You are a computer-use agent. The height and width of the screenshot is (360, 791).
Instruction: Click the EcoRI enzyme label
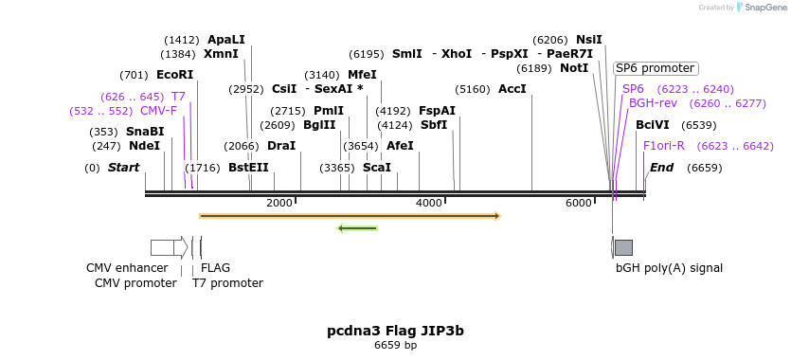pos(174,75)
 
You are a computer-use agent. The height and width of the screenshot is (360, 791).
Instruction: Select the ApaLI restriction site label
pos(225,40)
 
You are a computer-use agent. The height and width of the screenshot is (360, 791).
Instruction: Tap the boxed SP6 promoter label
pos(655,68)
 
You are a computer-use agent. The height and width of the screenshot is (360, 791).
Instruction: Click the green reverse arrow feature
pos(358,227)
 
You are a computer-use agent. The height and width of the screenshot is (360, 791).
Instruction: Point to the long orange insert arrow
pos(349,216)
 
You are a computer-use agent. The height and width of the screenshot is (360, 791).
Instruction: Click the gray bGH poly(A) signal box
pos(623,247)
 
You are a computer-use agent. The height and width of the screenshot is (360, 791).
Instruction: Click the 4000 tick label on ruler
pos(429,204)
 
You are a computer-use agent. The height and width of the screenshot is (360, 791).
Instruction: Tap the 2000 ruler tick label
pos(279,204)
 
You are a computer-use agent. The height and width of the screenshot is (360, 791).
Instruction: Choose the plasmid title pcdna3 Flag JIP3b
pos(395,331)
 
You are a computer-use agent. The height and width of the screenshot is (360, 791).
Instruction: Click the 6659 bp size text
pos(395,346)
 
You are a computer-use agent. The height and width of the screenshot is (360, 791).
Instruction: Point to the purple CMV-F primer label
pos(158,111)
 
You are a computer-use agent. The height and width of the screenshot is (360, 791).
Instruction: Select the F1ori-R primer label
pos(663,146)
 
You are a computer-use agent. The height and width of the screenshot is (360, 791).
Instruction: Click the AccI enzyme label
pos(512,89)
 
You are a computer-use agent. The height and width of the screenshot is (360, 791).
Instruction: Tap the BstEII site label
pos(248,168)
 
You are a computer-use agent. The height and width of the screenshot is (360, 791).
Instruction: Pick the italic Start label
pos(123,168)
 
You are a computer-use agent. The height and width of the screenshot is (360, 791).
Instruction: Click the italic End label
pos(661,168)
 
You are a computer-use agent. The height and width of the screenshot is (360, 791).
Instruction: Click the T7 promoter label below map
pos(227,283)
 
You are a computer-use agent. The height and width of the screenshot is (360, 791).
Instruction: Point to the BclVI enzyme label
pos(652,125)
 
